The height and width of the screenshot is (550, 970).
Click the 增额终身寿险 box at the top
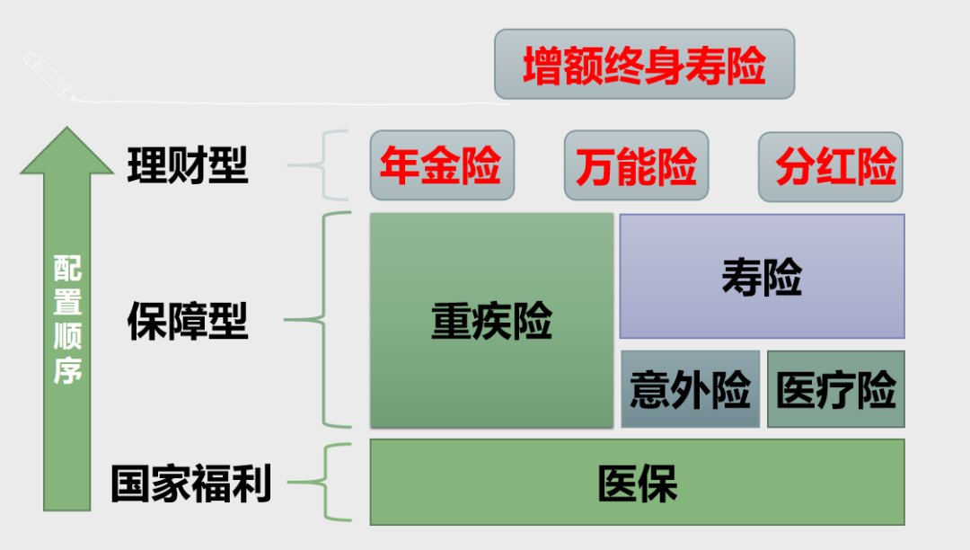[x=644, y=64]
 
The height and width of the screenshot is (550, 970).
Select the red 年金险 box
[x=442, y=165]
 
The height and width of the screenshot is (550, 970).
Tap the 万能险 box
[x=636, y=165]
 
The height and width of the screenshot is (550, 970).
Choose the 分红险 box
[x=830, y=165]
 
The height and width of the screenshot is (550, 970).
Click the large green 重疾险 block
[x=491, y=320]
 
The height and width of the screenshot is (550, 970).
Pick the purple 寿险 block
[x=762, y=276]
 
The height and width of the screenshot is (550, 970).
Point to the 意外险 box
[x=690, y=389]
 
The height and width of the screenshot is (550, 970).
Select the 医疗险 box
[x=835, y=389]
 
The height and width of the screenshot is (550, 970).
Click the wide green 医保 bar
[x=637, y=482]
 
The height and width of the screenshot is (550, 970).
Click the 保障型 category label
[x=188, y=321]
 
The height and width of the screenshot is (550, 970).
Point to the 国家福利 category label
[x=190, y=483]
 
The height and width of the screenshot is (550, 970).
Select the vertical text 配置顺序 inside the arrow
[x=67, y=319]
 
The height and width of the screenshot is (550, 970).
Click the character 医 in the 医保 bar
[x=617, y=483]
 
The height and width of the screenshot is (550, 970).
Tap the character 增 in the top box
[x=542, y=65]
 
